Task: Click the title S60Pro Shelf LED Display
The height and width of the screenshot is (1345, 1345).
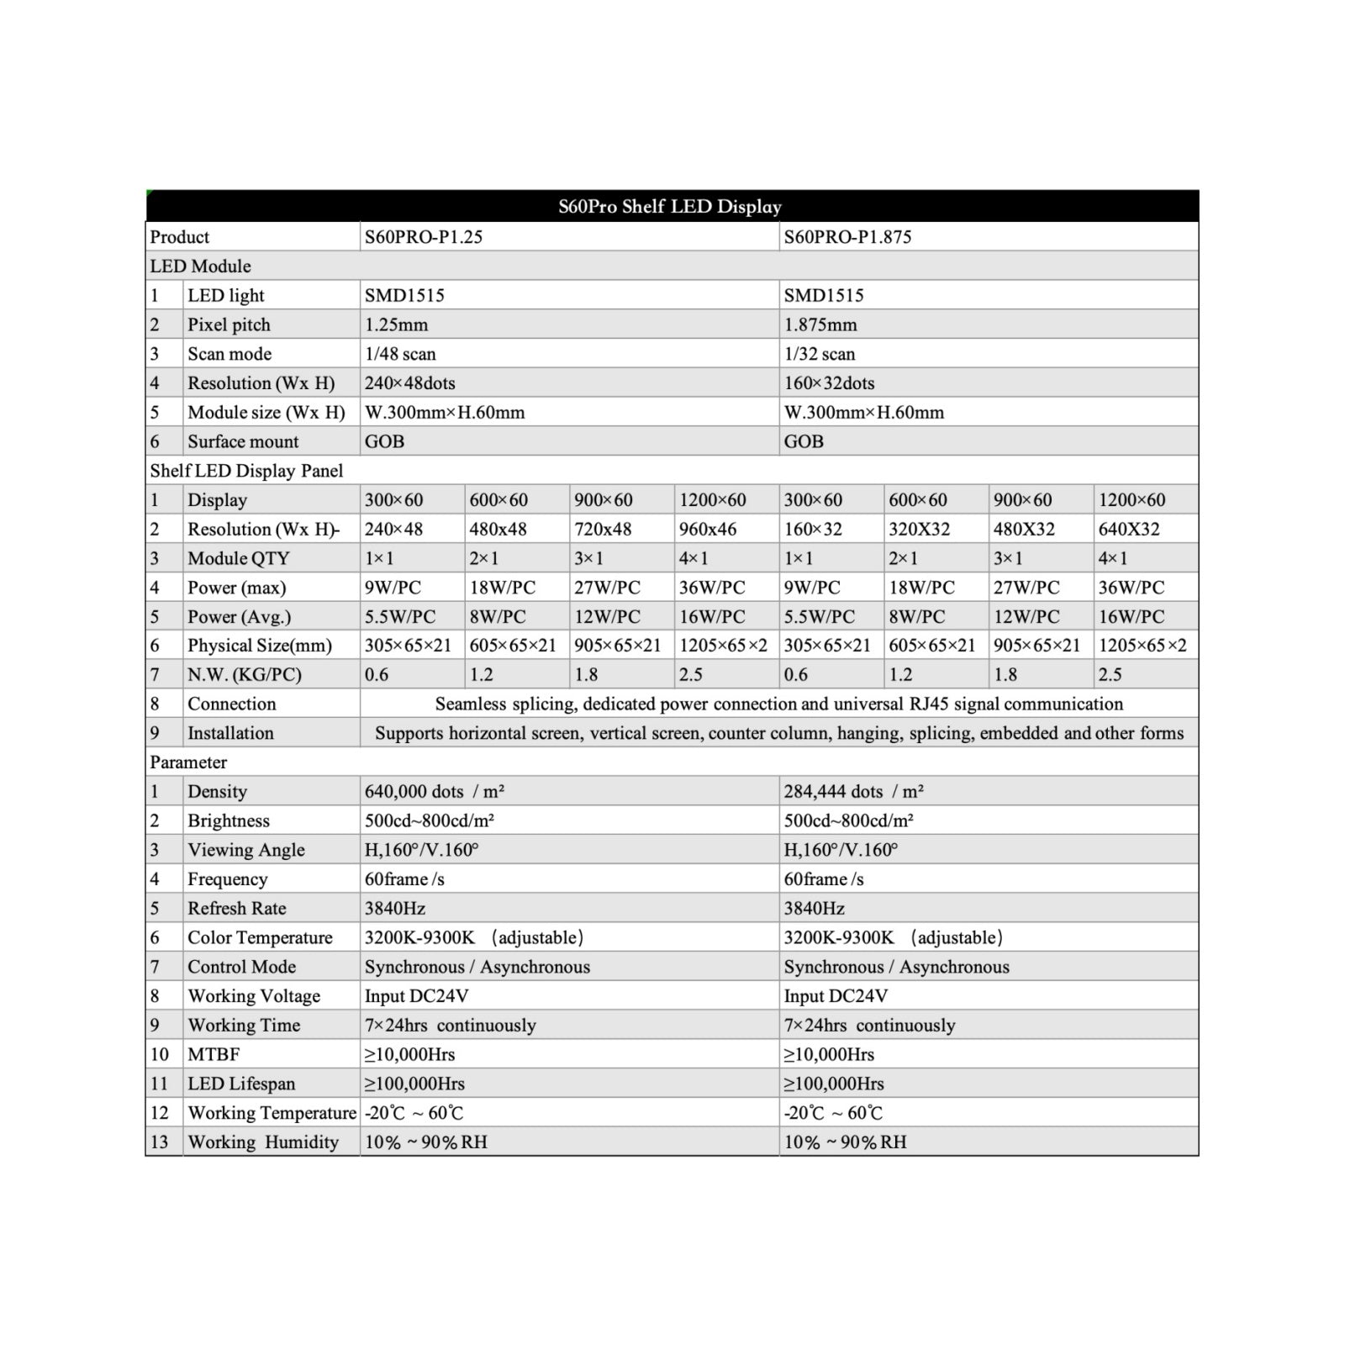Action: coord(670,207)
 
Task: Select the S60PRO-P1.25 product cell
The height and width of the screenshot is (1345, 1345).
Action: coord(424,237)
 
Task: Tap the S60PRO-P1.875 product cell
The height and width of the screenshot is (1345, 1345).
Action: coord(847,237)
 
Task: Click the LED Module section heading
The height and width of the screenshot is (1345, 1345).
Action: coord(201,266)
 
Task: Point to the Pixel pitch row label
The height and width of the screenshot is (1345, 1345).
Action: coord(229,324)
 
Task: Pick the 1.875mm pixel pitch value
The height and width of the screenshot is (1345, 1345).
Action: coord(820,324)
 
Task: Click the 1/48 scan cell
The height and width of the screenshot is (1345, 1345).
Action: coord(400,354)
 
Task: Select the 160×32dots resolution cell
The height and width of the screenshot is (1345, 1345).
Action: coord(829,383)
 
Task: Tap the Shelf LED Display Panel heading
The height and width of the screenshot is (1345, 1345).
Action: coord(246,471)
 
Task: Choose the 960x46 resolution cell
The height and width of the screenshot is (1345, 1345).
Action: coord(708,530)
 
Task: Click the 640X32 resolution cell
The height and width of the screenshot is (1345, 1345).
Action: coord(1129,530)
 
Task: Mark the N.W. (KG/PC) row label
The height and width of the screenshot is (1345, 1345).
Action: coord(244,675)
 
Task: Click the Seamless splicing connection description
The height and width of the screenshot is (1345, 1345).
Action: coord(778,704)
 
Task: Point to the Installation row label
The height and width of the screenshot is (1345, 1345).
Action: coord(230,733)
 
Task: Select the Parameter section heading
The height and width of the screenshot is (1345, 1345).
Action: coord(188,762)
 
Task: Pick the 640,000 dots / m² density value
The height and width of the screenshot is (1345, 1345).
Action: coord(434,792)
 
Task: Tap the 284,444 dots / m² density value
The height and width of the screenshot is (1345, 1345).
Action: coord(853,792)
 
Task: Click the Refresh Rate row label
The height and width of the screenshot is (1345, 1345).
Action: coord(236,909)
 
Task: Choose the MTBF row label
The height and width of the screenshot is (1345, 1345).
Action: coord(214,1054)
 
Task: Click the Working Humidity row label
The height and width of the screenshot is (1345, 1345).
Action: coord(263,1142)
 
